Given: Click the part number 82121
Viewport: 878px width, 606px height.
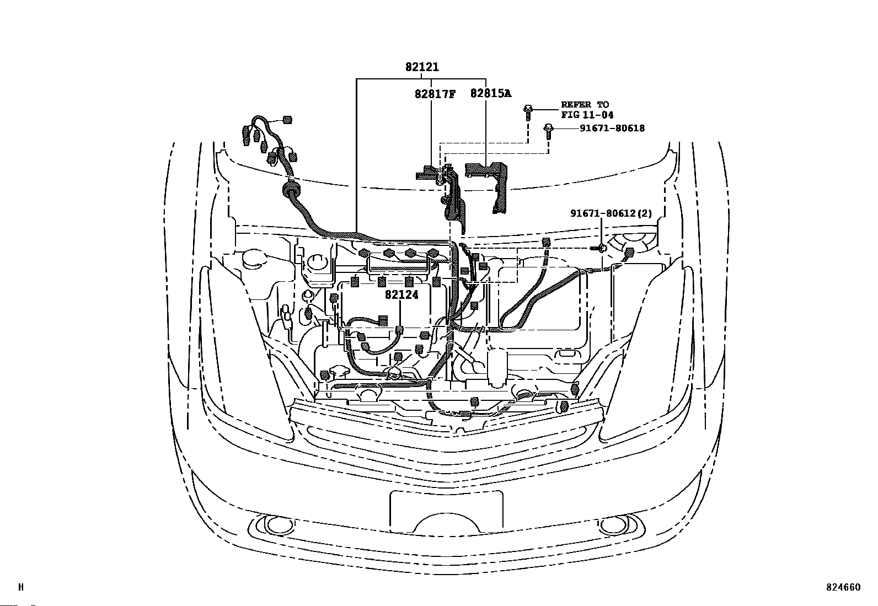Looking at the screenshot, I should pos(422,67).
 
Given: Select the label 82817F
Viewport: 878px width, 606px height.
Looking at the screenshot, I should pos(435,94).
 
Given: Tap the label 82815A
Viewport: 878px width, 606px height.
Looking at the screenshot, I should pos(490,94).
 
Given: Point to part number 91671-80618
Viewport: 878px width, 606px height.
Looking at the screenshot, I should pos(612,128).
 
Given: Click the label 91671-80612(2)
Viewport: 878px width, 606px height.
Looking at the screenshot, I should pos(611,213).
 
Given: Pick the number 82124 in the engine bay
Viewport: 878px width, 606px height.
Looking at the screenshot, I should pos(401,295).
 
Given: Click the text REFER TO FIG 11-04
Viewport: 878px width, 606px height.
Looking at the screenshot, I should pos(587,110).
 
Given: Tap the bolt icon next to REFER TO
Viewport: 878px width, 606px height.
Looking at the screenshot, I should pos(528,111).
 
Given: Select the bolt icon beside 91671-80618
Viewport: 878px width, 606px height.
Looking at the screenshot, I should pos(548,130).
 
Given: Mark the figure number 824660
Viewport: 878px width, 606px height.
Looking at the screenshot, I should pos(843,587).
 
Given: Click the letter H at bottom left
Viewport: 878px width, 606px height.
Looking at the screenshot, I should pos(21,587).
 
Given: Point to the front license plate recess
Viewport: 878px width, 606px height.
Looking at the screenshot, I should pos(446,510).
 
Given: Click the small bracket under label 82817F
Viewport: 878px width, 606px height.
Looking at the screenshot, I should pos(427,174).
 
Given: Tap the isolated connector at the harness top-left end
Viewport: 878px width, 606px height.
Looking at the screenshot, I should pos(286,120).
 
